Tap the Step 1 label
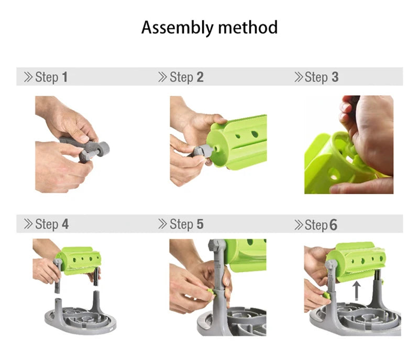pos(51,77)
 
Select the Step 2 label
pos(186,77)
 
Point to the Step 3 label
pos(321,77)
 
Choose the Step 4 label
pos(51,224)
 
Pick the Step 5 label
pos(186,224)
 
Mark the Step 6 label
pos(321,225)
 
